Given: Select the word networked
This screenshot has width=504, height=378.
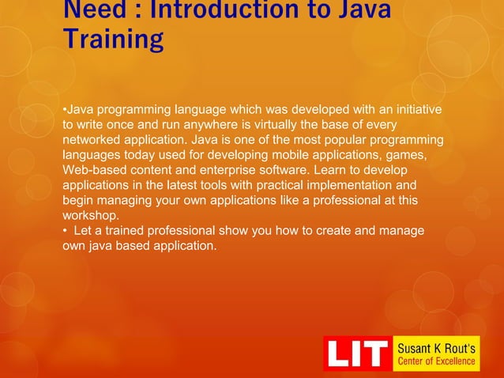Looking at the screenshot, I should [94, 139].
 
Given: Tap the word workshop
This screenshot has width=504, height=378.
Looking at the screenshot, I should [89, 215].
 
